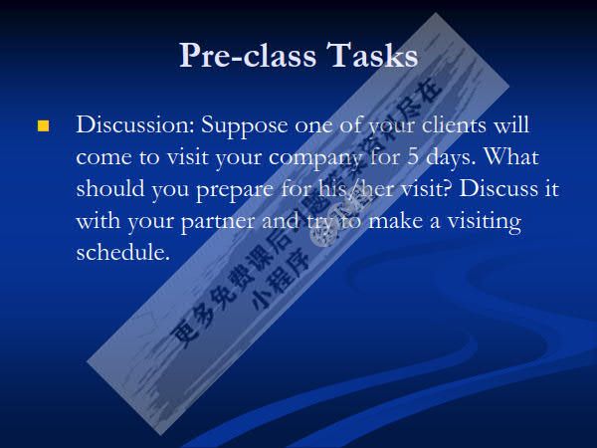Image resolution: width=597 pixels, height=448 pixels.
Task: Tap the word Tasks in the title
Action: click(372, 56)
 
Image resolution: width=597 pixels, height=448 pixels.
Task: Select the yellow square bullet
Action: click(43, 126)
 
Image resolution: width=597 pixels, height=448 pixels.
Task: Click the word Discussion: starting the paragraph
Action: click(135, 126)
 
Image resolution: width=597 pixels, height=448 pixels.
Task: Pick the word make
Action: click(398, 221)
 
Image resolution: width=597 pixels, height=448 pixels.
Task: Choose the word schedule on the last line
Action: click(123, 252)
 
